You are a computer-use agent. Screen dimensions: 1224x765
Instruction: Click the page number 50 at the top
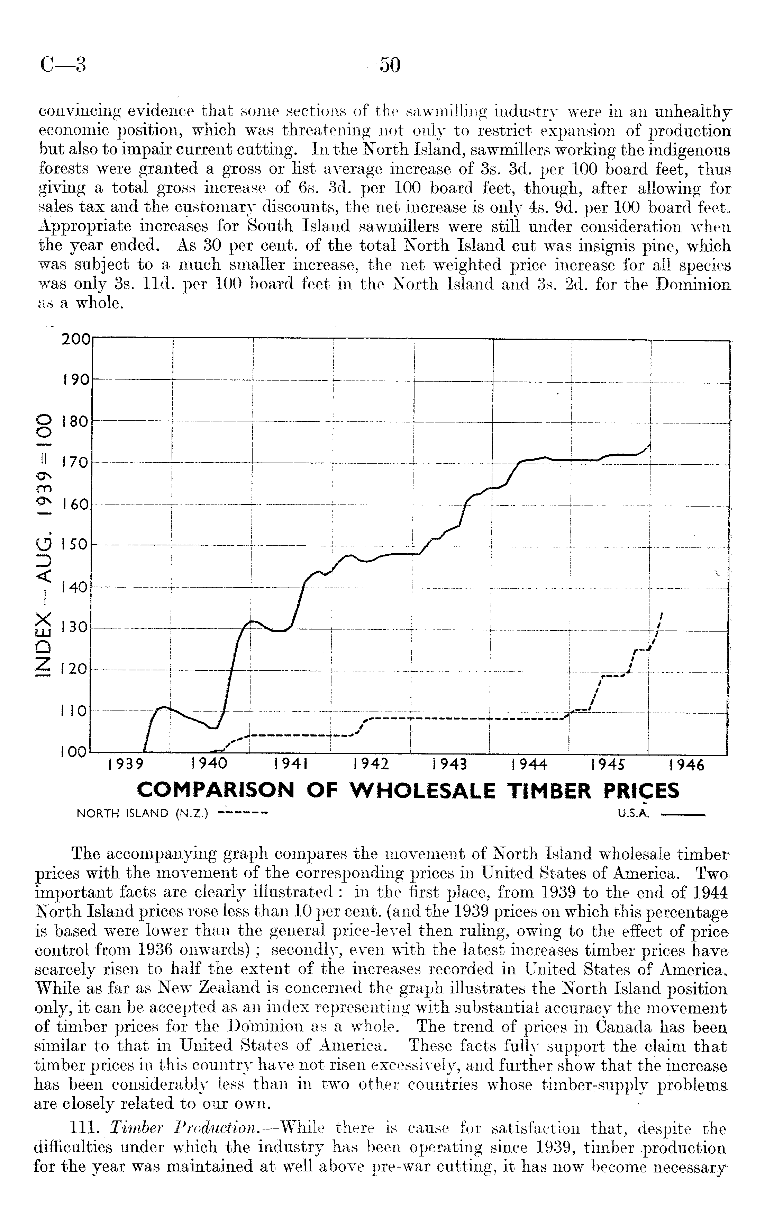(390, 65)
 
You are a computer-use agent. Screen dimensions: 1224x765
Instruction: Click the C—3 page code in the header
(63, 66)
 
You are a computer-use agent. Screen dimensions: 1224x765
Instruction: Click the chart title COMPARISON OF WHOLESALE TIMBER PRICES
(408, 791)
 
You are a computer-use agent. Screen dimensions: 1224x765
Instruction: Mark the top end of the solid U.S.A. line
(650, 444)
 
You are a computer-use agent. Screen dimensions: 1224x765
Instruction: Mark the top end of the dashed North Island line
(662, 614)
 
